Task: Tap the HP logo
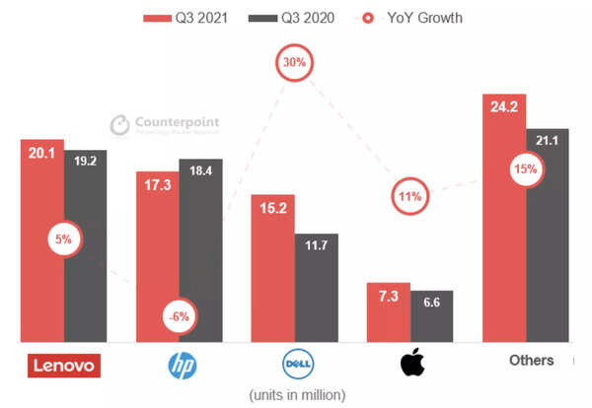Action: [181, 365]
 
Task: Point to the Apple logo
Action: [411, 363]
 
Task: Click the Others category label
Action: [531, 360]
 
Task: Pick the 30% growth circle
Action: [295, 61]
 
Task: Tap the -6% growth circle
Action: [181, 316]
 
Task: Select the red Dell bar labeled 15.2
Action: [272, 266]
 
